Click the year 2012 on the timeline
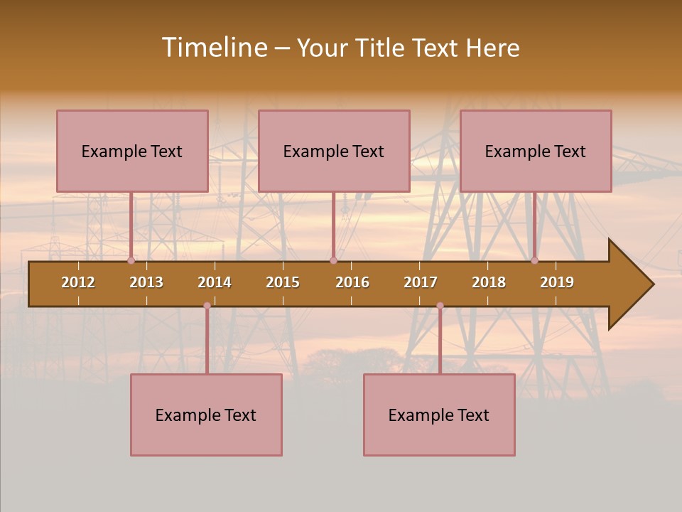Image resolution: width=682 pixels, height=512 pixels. coord(78,282)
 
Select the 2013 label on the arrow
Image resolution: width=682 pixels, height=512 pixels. coord(146,282)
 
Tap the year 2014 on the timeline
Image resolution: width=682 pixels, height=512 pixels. coord(215,282)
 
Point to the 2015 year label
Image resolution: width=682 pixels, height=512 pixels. coord(283,282)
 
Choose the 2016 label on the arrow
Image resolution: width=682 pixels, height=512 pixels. coord(352,282)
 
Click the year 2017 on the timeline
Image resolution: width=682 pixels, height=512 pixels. coord(421,282)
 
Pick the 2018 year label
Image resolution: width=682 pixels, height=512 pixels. coord(489,282)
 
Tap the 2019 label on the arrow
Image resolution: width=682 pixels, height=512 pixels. coord(557,282)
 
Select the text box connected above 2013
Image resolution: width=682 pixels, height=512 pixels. coord(132,151)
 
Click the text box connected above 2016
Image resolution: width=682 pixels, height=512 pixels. coord(334,151)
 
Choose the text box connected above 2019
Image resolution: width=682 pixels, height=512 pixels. coord(536,151)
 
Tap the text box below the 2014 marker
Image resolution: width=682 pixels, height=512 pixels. coord(206,415)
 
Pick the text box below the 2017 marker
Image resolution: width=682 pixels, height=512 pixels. coord(439,415)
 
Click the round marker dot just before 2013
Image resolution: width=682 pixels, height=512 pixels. coord(131,261)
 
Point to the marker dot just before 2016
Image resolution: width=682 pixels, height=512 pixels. coord(333,261)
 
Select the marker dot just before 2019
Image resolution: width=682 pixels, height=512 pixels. coord(535,261)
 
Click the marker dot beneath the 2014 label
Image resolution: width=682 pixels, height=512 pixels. coord(207,306)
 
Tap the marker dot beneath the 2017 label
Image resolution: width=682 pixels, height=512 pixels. coord(440,306)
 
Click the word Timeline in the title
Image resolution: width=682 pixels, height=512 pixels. coord(214,48)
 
